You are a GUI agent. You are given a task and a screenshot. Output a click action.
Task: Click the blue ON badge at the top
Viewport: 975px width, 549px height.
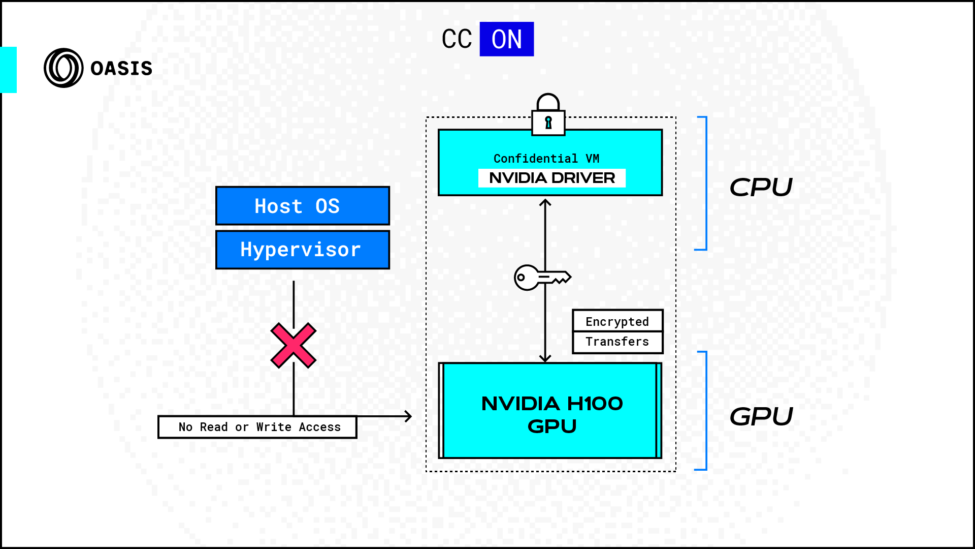(506, 39)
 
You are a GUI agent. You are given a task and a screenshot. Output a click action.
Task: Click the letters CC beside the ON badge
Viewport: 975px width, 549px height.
(457, 39)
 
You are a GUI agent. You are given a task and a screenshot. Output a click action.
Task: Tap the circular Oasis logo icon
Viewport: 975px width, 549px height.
(63, 68)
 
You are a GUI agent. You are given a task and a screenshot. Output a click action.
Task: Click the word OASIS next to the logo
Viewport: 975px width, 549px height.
(121, 69)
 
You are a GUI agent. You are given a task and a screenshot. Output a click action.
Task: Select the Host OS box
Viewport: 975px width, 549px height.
(303, 206)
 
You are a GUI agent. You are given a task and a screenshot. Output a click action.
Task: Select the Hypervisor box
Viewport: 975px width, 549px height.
(303, 250)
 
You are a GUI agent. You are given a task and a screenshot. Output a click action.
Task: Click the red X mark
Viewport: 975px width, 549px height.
(294, 346)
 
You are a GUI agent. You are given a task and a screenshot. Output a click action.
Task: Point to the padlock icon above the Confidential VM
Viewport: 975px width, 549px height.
(548, 115)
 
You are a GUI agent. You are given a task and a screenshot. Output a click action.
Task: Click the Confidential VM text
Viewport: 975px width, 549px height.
(546, 159)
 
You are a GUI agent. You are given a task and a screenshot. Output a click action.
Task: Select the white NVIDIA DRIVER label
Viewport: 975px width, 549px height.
(552, 178)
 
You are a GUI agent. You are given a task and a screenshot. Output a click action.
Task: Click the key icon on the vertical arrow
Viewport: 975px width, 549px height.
(541, 278)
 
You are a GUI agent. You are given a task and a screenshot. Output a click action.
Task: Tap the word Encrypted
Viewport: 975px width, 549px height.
(617, 321)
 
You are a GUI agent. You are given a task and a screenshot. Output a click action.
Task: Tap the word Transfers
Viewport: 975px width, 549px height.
(617, 342)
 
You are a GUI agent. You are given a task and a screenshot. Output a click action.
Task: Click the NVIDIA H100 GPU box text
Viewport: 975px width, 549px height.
(552, 414)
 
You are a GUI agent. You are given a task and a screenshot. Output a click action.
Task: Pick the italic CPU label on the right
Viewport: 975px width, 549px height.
(761, 188)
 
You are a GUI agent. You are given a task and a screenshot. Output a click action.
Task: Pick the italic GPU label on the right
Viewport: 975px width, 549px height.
(761, 417)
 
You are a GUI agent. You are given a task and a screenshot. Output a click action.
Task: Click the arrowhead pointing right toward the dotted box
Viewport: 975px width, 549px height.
(408, 416)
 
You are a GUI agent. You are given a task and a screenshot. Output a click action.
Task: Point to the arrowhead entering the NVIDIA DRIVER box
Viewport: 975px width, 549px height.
(545, 203)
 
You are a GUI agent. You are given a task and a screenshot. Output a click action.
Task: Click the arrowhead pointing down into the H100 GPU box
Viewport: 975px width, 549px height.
(545, 358)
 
